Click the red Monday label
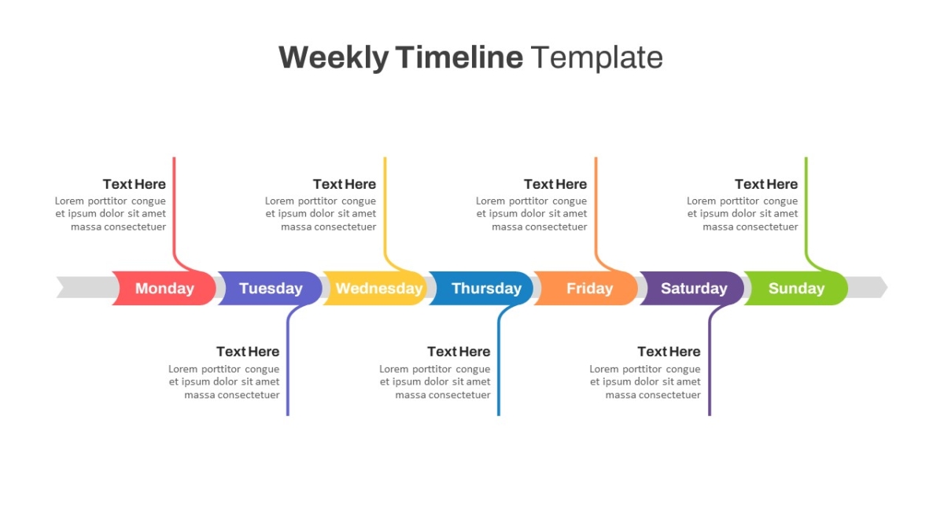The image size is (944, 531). pos(164,288)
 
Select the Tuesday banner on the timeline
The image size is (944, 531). pos(270,288)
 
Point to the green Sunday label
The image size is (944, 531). pos(796,288)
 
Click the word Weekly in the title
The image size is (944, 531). pos(334,57)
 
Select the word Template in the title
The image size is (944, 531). pos(597,57)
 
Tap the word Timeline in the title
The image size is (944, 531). pos(459,57)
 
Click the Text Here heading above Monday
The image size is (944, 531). pos(135,184)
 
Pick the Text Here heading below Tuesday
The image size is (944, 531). pos(248,352)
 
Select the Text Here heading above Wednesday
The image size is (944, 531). pos(345,184)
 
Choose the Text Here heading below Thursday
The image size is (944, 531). pos(459,352)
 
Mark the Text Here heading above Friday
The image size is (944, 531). pos(555,184)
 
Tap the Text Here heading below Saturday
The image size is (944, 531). pos(669,352)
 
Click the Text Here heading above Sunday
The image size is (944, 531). pos(766,184)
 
